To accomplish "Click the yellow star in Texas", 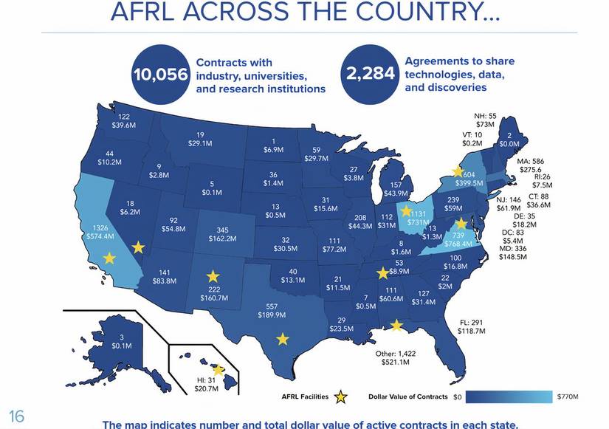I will (283, 339).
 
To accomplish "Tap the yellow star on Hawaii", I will (219, 370).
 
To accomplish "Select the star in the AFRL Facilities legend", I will (340, 397).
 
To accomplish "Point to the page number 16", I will (16, 416).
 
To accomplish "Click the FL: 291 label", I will (472, 322).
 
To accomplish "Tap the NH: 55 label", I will (485, 116).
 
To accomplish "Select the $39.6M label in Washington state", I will (124, 126).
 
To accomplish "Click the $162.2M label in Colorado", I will (222, 239).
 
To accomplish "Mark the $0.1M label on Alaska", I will (122, 346).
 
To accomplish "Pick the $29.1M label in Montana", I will (200, 143).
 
